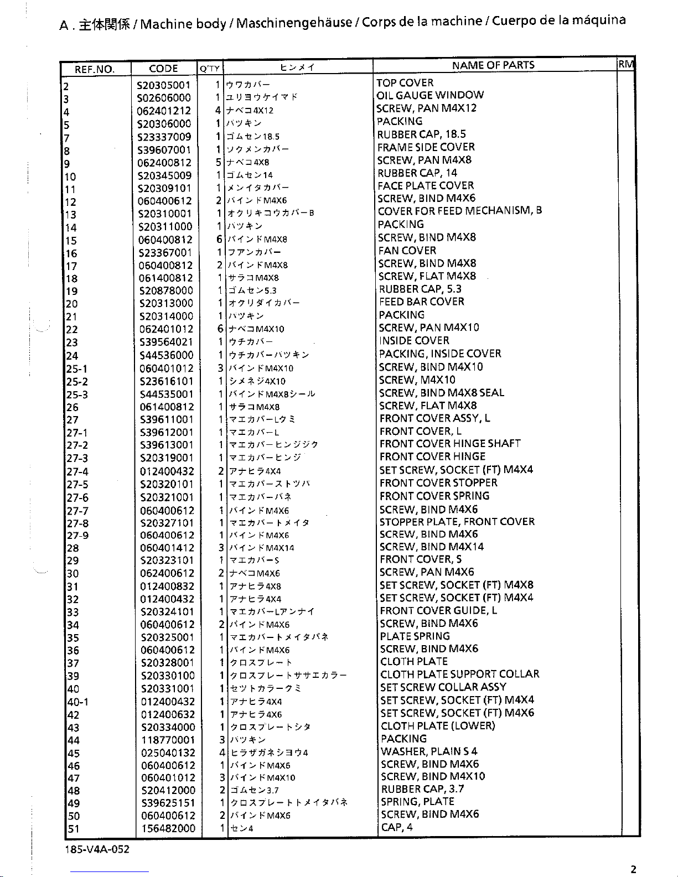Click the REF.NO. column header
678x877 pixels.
pyautogui.click(x=95, y=69)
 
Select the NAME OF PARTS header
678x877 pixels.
pyautogui.click(x=493, y=65)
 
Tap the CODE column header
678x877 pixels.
pyautogui.click(x=163, y=69)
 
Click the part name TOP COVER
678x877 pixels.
pyautogui.click(x=405, y=83)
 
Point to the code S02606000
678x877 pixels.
pyautogui.click(x=164, y=98)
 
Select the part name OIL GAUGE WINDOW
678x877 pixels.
pyautogui.click(x=430, y=95)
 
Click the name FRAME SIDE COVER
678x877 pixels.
pyautogui.click(x=426, y=147)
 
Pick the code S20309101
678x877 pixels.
pyautogui.click(x=165, y=189)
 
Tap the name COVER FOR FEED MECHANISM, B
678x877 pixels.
pyautogui.click(x=459, y=211)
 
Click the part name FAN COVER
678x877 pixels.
pyautogui.click(x=407, y=251)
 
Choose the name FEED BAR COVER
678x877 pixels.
pyautogui.click(x=422, y=302)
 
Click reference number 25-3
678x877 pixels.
pyautogui.click(x=77, y=395)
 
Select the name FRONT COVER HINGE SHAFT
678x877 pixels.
pyautogui.click(x=450, y=444)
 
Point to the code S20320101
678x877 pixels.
pyautogui.click(x=167, y=485)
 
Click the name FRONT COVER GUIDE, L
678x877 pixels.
pyautogui.click(x=438, y=611)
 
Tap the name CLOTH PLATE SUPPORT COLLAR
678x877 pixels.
pyautogui.click(x=459, y=674)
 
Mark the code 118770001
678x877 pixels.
pyautogui.click(x=168, y=740)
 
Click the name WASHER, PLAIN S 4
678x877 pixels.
pyautogui.click(x=429, y=751)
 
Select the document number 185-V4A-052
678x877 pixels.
pyautogui.click(x=97, y=849)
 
